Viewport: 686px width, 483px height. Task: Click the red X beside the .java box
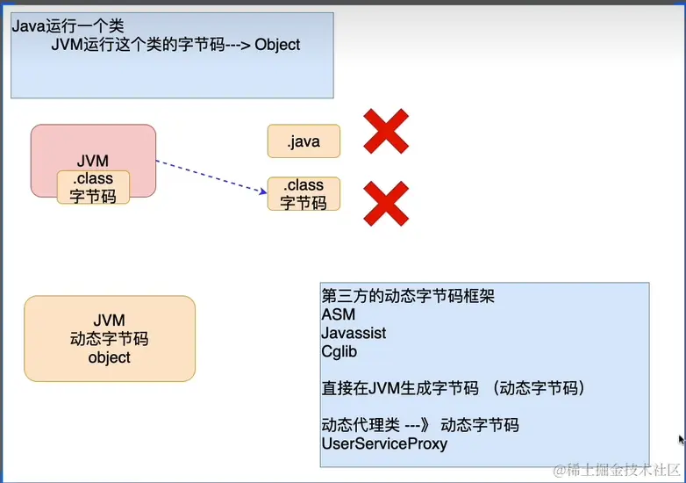[x=386, y=132]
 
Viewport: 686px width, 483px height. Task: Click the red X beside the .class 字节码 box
[x=386, y=203]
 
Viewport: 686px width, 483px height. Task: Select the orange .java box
[x=304, y=141]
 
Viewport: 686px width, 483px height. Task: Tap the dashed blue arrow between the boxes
[x=211, y=176]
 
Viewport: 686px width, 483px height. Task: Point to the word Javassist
[x=354, y=334]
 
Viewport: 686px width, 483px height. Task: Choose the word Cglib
[x=339, y=352]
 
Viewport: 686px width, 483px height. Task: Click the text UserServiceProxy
[x=384, y=443]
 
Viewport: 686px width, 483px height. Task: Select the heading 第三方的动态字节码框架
[x=408, y=296]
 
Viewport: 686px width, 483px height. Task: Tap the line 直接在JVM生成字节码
[x=401, y=388]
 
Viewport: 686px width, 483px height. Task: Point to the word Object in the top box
[x=277, y=45]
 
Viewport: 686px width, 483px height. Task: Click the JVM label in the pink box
[x=93, y=161]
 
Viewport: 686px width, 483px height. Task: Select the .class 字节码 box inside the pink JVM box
[x=93, y=187]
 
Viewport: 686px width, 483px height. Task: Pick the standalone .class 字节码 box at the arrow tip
[x=304, y=194]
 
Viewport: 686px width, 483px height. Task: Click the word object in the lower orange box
[x=110, y=357]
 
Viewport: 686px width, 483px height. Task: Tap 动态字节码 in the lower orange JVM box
[x=110, y=339]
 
